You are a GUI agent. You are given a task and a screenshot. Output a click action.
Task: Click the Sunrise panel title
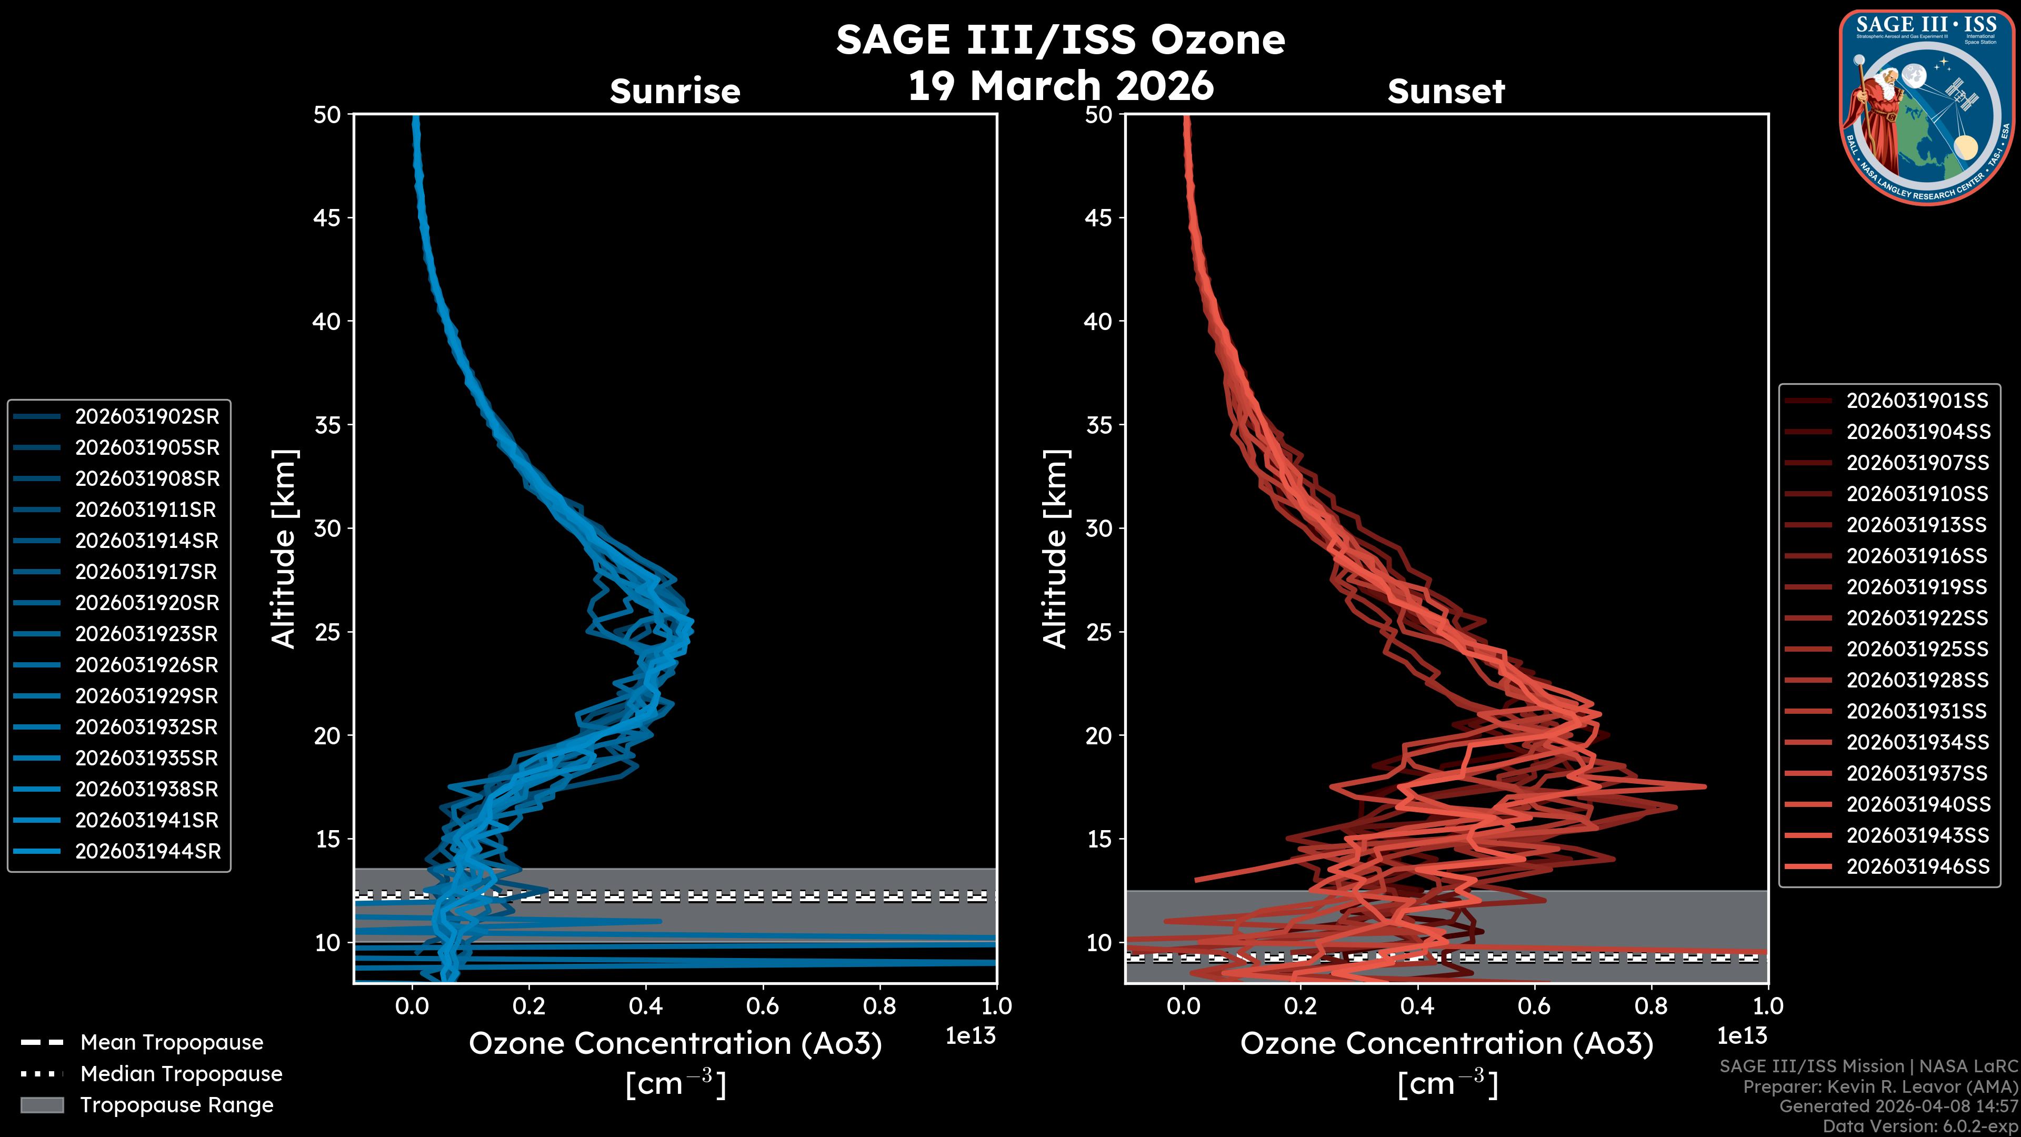click(x=675, y=92)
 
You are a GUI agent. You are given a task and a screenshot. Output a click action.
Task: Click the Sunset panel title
click(x=1446, y=92)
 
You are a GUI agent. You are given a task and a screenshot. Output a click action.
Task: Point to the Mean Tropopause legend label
click(x=172, y=1042)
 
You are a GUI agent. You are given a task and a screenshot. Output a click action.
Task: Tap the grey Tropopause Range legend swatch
click(x=42, y=1105)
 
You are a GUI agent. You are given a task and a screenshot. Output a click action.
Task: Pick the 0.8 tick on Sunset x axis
click(x=1650, y=1006)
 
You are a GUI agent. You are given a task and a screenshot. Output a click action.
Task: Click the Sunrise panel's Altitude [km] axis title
click(x=284, y=549)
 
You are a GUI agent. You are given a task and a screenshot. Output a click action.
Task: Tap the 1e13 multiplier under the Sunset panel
click(x=1742, y=1036)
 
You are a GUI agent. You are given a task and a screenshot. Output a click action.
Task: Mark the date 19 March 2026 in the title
click(x=1060, y=85)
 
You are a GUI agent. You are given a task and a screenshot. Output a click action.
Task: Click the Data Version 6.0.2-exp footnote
click(x=1920, y=1126)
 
